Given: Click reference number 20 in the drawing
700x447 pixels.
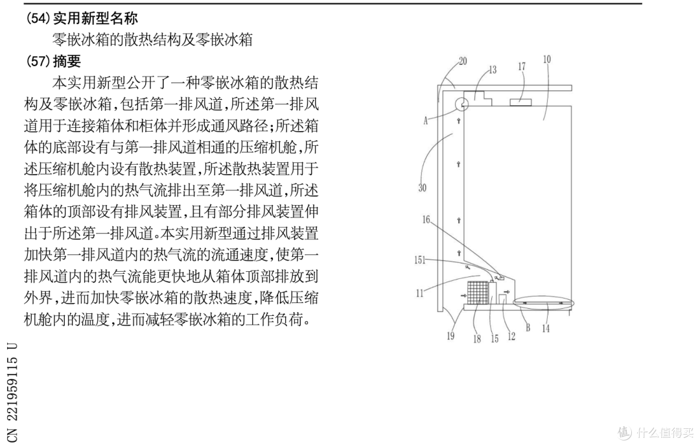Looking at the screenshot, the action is click(463, 61).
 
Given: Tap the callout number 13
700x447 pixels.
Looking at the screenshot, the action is click(493, 69).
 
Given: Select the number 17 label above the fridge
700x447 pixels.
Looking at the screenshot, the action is click(522, 67).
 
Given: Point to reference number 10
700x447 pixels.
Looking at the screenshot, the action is click(547, 60).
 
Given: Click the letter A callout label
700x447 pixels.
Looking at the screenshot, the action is click(425, 120).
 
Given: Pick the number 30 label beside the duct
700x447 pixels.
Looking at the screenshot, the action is click(423, 187).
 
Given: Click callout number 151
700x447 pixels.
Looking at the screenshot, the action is click(420, 260).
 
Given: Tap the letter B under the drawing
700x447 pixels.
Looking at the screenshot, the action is click(528, 328).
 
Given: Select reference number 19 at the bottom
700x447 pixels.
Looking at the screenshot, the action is click(451, 336).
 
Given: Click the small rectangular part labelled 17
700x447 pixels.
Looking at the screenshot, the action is click(521, 103).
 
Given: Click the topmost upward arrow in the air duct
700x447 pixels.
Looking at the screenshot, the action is click(458, 121).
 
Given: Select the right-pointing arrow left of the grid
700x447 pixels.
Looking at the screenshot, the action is click(462, 295).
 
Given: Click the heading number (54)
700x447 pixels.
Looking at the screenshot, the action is click(38, 18).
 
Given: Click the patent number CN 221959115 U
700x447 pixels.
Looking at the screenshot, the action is click(12, 392).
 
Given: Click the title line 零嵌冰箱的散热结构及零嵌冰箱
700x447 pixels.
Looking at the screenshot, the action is click(152, 40).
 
